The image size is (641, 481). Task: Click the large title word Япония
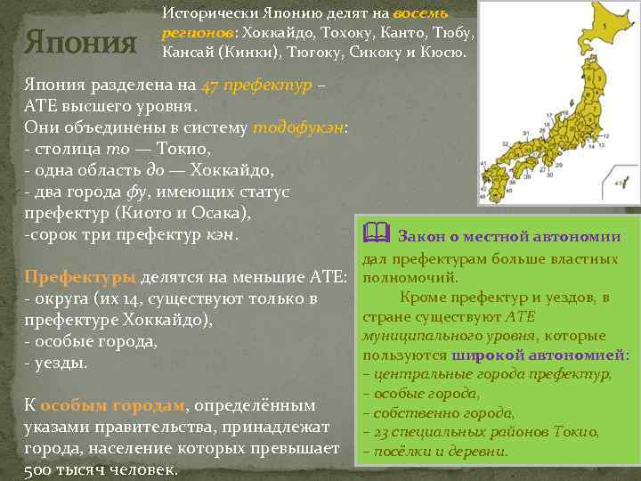tap(81, 41)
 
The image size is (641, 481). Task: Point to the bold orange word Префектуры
tap(80, 276)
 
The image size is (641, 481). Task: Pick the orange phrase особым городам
tap(112, 405)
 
